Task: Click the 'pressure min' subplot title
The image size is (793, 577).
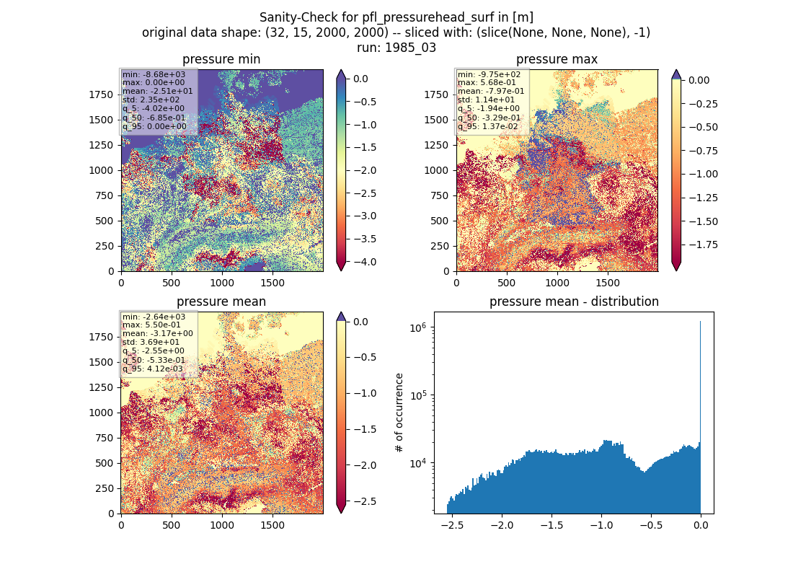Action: (221, 59)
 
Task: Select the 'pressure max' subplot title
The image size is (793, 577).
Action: (557, 59)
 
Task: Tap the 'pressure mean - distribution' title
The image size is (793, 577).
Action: (574, 301)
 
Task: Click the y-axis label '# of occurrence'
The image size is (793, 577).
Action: (399, 413)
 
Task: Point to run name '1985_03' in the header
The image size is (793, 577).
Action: (411, 48)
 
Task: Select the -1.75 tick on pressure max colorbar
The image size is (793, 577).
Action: (699, 245)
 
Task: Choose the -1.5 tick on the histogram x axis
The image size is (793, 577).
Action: (551, 525)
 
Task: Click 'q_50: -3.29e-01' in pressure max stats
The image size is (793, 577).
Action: (489, 118)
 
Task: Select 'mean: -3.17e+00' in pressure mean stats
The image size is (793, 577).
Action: (157, 333)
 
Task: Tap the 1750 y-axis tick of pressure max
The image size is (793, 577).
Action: (436, 94)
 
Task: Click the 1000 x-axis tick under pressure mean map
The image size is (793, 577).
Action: (222, 525)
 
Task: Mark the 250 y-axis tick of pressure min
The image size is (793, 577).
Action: (105, 246)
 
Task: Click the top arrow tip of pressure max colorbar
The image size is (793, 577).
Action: (676, 71)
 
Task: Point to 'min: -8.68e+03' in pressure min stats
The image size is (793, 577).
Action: (154, 74)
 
